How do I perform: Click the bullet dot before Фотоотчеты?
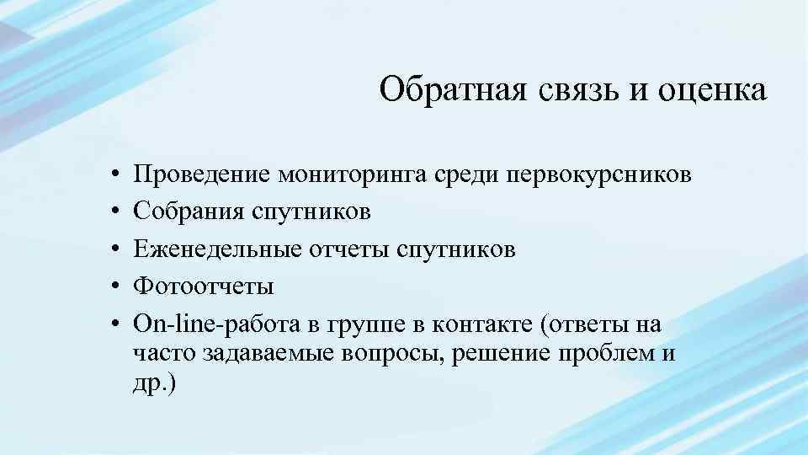click(112, 287)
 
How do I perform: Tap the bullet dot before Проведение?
click(112, 175)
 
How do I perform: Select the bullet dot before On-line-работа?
click(112, 324)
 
